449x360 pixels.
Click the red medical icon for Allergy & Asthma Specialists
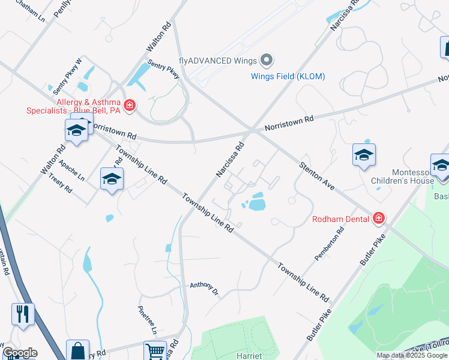coord(130,106)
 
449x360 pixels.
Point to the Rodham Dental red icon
coord(378,218)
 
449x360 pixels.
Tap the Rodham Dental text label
coord(340,218)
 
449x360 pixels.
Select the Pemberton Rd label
coord(330,243)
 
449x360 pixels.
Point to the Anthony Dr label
coord(204,289)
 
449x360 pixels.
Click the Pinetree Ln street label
coord(148,322)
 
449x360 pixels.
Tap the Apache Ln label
coord(72,169)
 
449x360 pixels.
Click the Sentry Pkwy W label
coord(67,76)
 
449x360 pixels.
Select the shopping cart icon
coord(155,350)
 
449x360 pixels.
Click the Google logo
coord(20,353)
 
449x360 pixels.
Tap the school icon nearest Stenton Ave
coord(364,155)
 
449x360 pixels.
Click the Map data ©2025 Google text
coord(412,355)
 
